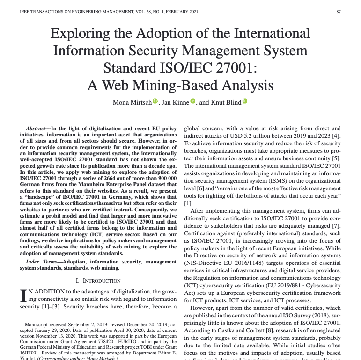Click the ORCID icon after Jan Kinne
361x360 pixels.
click(193, 102)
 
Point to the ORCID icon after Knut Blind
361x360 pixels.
click(244, 102)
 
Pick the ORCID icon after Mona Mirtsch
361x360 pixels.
click(155, 102)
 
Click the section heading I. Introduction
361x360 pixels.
click(98, 281)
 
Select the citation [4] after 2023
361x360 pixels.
click(337, 136)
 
